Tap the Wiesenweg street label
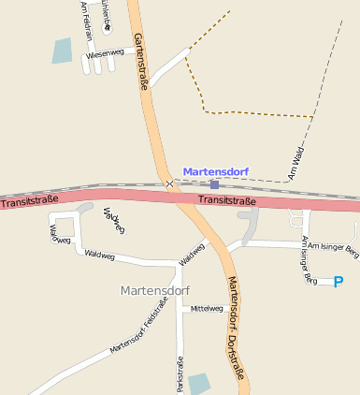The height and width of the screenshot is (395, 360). coord(105,54)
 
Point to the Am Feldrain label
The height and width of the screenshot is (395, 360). coord(86,20)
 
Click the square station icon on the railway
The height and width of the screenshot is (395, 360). coord(214,185)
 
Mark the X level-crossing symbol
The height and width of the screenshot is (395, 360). coord(169,184)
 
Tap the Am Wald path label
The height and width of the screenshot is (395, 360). coord(297,162)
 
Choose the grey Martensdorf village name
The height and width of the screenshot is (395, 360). coord(155,290)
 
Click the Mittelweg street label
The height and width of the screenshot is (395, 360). coord(207,309)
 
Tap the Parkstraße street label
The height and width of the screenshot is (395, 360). coord(180,372)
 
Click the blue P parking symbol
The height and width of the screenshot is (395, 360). coord(338,281)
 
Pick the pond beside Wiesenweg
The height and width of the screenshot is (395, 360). coord(62,51)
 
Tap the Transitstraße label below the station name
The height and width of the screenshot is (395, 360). coord(226,199)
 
